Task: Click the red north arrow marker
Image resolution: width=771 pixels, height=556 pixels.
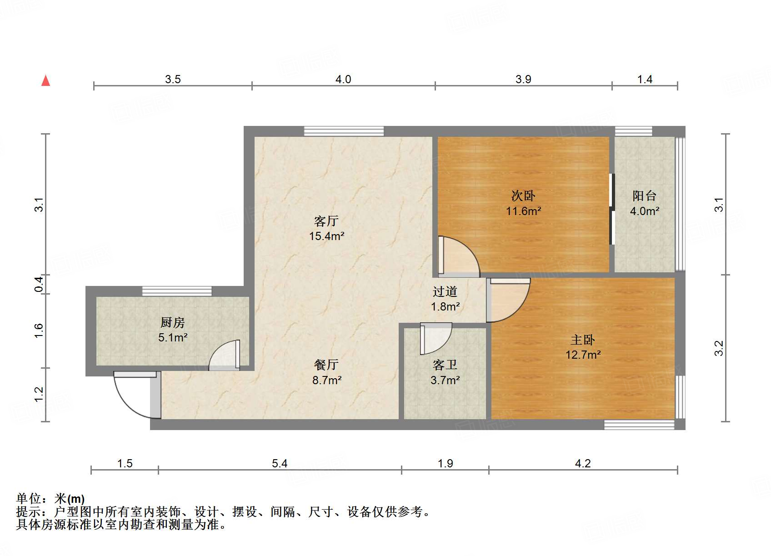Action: point(46,80)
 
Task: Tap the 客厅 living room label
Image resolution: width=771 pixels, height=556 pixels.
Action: point(326,221)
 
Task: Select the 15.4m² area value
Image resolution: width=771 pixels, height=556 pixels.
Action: point(326,236)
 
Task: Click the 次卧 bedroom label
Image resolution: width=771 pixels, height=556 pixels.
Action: point(523,196)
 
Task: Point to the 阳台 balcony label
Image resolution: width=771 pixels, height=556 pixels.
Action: point(645,196)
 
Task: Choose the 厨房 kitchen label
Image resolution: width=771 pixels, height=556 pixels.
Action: point(173,323)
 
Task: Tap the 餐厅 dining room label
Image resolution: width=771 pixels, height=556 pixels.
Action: point(326,365)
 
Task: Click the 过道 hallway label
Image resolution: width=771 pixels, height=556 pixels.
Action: point(445,291)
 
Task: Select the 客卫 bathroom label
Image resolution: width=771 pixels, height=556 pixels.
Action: point(445,365)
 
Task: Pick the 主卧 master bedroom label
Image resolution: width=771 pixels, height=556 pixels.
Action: point(583,340)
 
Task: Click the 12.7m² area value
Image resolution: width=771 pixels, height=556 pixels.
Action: point(583,355)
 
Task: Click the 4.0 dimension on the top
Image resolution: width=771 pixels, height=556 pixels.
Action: point(343,80)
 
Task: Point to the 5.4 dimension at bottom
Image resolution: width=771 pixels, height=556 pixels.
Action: point(280,463)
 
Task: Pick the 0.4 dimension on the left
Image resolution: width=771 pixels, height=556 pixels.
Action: point(39,284)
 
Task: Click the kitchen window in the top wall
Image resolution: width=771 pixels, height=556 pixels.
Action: point(177,291)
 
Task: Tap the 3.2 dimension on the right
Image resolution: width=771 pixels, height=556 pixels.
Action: point(718,348)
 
